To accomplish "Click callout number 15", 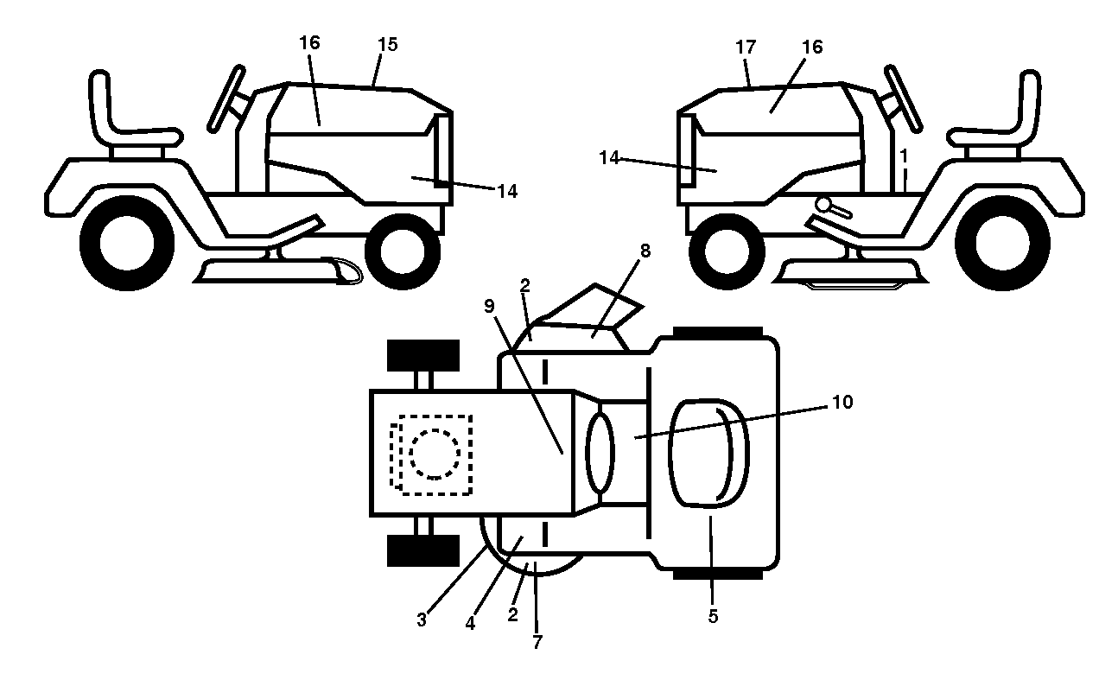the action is click(388, 45).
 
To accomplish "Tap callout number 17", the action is click(746, 48).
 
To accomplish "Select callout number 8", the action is click(645, 251).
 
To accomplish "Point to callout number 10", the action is click(843, 402).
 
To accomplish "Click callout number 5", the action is click(714, 617).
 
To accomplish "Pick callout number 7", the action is click(537, 642).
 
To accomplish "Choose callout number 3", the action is click(422, 620).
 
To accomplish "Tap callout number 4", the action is click(470, 623).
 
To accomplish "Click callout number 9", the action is click(490, 306).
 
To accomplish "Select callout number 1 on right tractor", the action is click(904, 156).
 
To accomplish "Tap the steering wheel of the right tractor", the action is click(904, 99).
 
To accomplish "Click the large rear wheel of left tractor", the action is click(127, 243).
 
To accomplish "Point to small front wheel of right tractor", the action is click(727, 251).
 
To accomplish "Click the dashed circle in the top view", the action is click(435, 454).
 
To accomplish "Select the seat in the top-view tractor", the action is click(708, 454).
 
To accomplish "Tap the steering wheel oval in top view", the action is click(600, 454).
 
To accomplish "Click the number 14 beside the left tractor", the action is click(507, 191).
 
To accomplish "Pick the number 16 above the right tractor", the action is click(812, 48).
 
